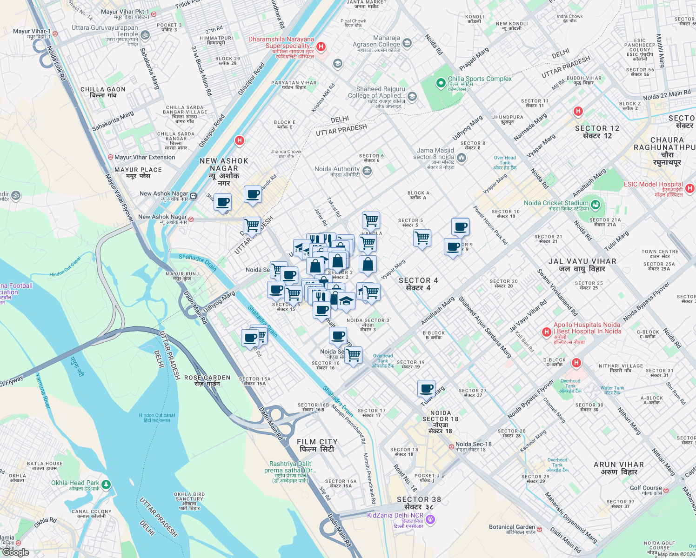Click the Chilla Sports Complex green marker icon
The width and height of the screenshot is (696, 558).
coord(440,83)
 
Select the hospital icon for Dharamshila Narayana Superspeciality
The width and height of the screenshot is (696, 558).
coord(321,46)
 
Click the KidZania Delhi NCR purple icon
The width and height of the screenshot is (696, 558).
coord(430,519)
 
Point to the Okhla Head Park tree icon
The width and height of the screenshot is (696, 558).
coord(106,485)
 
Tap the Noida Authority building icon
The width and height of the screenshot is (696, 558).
coord(367,171)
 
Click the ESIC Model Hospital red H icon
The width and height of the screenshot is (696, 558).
coord(690,188)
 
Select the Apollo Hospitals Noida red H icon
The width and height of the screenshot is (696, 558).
coord(547,332)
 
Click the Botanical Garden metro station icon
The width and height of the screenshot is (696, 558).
coord(540,529)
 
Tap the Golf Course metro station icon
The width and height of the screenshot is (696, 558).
coord(666,490)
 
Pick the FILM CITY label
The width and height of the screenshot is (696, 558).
coord(317,445)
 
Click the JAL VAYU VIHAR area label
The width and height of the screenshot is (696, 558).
coord(582,265)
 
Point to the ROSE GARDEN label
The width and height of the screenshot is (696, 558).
coord(207,380)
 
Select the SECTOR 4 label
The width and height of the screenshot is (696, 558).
coord(418,284)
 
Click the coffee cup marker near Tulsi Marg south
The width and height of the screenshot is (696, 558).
coord(426,389)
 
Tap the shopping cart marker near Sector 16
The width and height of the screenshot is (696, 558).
coord(354,355)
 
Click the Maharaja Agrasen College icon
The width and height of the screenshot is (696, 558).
coord(407,44)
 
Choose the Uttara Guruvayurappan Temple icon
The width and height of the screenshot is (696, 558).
coord(145,35)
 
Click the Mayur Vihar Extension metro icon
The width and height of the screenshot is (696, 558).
coord(111,158)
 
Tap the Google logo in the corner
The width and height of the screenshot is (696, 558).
coord(16,552)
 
